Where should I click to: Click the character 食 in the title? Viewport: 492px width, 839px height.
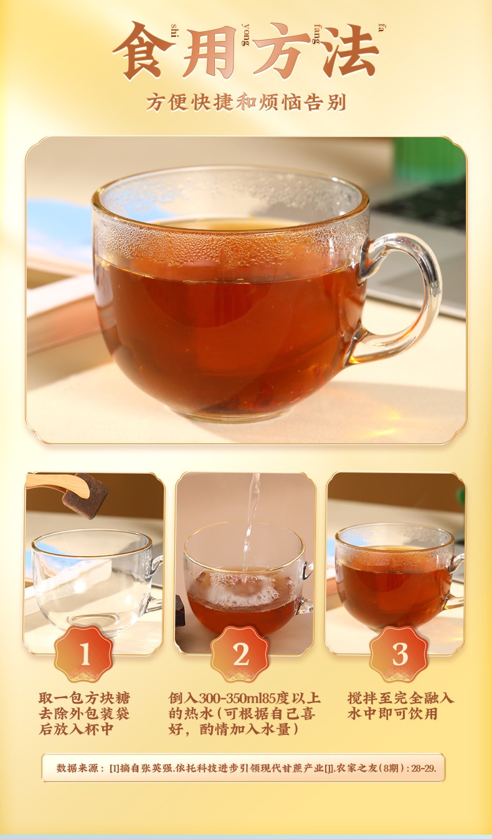144,50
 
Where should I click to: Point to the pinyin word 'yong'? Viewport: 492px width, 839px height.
245,34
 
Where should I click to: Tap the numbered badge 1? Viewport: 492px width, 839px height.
84,654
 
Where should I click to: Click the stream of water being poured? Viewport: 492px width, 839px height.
251,528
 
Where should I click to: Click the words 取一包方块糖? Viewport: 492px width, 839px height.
84,698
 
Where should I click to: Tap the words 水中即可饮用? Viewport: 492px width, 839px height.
392,714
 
